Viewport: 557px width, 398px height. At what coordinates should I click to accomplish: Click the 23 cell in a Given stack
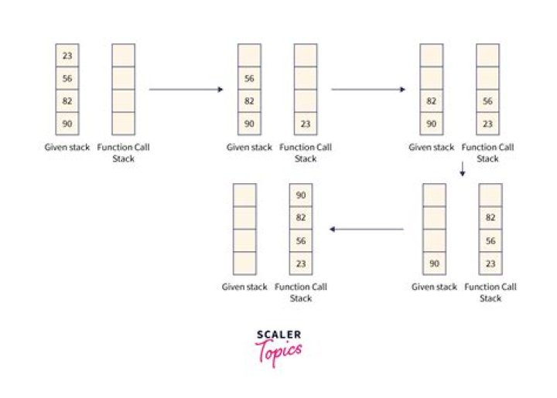tap(67, 56)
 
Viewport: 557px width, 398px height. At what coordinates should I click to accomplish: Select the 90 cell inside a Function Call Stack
tap(300, 196)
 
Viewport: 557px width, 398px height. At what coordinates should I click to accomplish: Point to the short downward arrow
tap(462, 169)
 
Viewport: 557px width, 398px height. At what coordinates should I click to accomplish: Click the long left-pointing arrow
tap(367, 230)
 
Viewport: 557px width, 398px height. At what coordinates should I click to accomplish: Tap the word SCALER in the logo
tap(278, 335)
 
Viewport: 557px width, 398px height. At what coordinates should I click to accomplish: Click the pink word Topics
tap(278, 352)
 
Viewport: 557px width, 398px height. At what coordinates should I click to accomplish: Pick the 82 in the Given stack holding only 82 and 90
tap(432, 101)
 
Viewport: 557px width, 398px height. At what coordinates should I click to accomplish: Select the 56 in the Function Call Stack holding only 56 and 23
tap(487, 101)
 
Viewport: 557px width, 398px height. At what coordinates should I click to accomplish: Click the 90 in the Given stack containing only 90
tap(434, 264)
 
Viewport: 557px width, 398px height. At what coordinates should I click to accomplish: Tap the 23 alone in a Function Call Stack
tap(306, 124)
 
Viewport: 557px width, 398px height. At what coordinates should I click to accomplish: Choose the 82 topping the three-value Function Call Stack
tap(490, 218)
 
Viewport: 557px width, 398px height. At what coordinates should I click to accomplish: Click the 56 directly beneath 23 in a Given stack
tap(67, 78)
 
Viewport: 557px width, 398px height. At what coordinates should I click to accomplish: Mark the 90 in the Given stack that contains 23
tap(67, 124)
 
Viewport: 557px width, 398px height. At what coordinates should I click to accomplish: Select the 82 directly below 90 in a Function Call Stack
tap(300, 218)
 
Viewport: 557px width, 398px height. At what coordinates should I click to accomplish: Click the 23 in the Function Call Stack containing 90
tap(300, 263)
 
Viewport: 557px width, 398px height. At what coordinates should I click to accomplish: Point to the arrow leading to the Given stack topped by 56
tap(186, 90)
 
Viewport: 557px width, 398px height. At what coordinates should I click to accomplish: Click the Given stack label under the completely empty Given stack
tap(244, 287)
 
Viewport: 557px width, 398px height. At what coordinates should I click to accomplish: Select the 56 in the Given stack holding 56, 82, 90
tap(249, 78)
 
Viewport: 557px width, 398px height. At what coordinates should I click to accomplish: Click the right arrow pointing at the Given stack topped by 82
tap(368, 90)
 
